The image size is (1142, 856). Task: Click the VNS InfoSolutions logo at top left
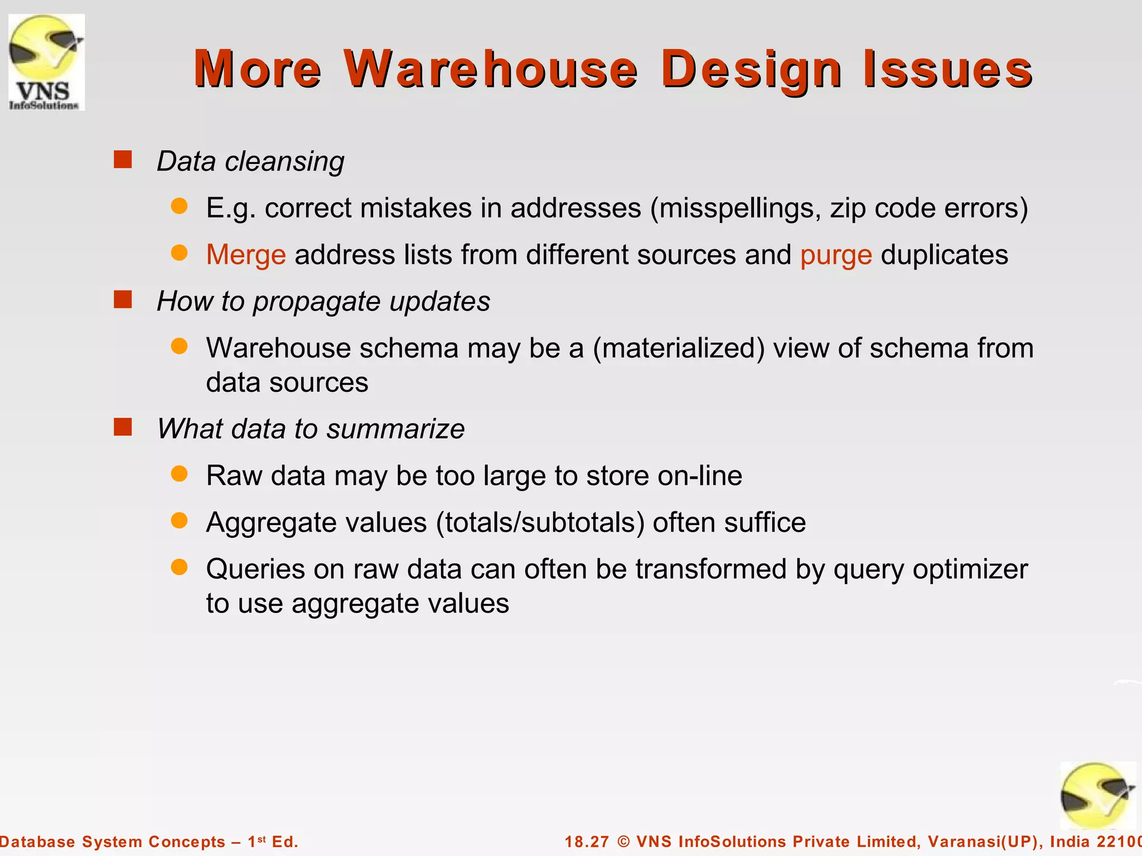[x=46, y=62]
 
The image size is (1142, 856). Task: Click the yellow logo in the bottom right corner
[x=1097, y=796]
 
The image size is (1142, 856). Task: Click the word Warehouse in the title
[x=490, y=69]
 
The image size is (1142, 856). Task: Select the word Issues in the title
[x=947, y=69]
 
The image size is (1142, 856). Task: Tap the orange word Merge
[x=246, y=255]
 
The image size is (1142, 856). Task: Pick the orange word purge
[x=836, y=255]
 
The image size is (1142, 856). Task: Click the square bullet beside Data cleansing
[x=123, y=160]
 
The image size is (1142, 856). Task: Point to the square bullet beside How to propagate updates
[x=123, y=300]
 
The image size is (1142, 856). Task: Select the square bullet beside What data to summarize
[x=123, y=427]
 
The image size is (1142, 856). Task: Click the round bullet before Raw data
[x=179, y=474]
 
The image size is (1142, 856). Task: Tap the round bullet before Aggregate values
[x=179, y=521]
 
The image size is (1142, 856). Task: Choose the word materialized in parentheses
[x=679, y=348]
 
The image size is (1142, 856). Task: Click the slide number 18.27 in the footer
[x=587, y=842]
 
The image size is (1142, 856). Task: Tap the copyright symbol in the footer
[x=623, y=842]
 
